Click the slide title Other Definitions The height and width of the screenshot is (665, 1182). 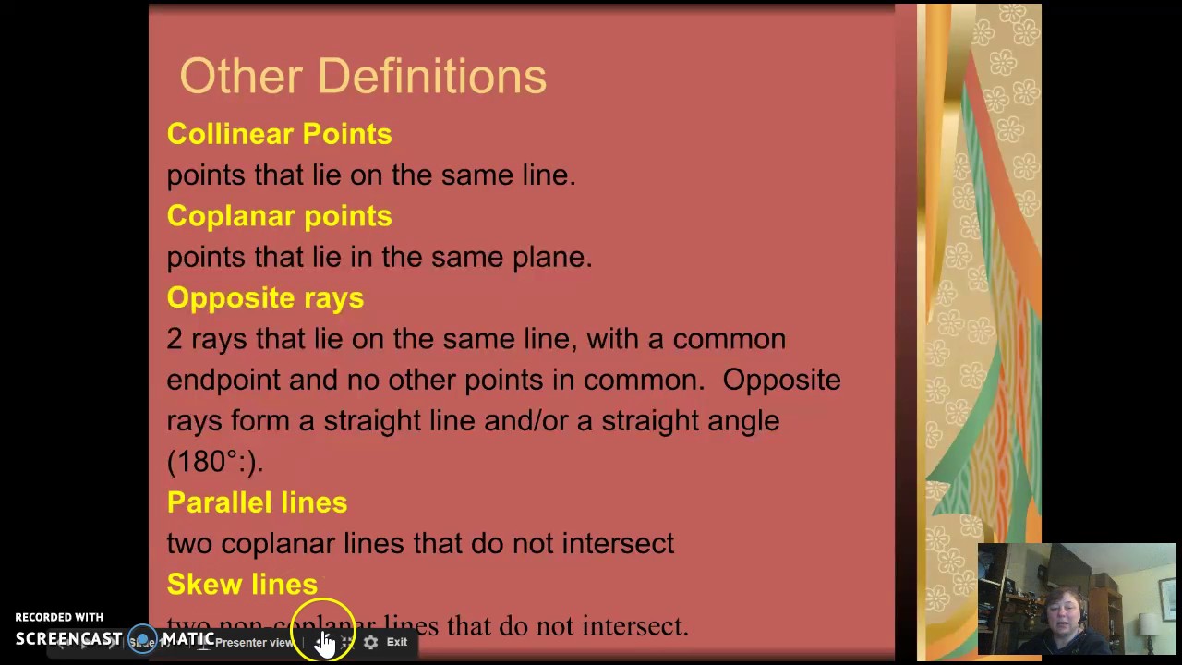363,77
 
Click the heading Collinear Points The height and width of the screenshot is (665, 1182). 279,134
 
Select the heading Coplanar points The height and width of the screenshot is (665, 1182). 279,216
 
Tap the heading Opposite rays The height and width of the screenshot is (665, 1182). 265,297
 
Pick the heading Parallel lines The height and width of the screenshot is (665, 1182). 257,502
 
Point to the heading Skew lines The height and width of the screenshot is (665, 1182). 242,584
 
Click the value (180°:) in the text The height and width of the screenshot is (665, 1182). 214,461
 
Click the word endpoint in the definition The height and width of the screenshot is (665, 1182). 223,380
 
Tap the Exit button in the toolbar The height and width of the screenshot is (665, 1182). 397,642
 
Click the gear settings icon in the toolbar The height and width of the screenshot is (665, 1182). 370,642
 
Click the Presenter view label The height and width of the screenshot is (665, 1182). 254,642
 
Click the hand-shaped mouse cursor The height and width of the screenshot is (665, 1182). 325,642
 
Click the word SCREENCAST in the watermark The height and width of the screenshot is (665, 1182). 68,639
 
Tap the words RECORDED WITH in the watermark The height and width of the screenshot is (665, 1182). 59,617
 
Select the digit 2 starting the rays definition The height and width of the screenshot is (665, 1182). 174,339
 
